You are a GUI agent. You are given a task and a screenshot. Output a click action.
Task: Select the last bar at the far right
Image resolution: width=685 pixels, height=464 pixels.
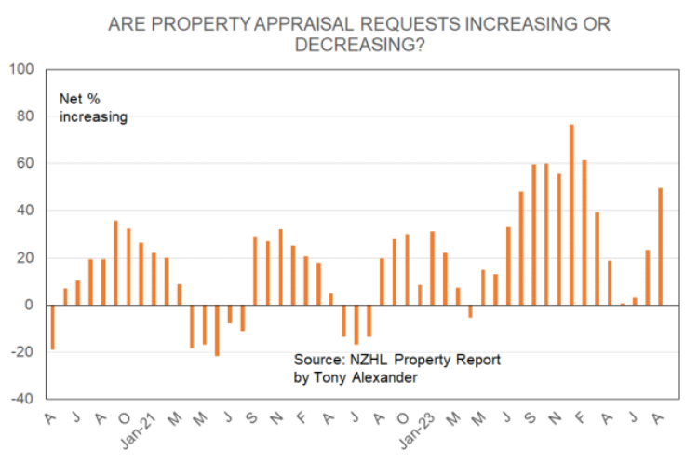click(661, 247)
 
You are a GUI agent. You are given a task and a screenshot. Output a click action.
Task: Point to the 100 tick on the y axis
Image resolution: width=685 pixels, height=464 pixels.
click(21, 70)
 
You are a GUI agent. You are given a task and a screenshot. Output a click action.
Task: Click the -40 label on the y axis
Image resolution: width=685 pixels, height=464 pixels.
click(21, 399)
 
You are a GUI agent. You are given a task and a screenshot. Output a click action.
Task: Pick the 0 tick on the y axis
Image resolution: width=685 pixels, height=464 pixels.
click(29, 305)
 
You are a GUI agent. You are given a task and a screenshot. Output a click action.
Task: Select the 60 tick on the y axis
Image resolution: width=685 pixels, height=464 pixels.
click(25, 164)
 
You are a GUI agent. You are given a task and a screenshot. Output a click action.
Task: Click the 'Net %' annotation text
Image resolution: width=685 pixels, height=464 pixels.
click(80, 99)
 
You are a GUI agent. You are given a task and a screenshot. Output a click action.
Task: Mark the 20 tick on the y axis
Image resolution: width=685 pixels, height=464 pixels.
click(25, 258)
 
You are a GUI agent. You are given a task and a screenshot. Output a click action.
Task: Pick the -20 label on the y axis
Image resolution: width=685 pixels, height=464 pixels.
click(21, 352)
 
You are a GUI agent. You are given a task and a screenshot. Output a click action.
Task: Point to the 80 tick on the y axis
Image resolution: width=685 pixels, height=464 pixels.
click(25, 116)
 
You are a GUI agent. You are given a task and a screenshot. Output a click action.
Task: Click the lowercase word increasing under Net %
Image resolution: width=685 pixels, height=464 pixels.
click(93, 116)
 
